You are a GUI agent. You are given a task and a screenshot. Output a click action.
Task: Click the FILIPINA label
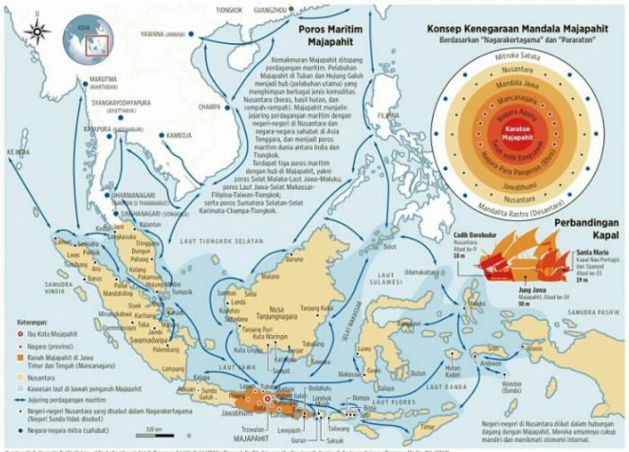(388, 116)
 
